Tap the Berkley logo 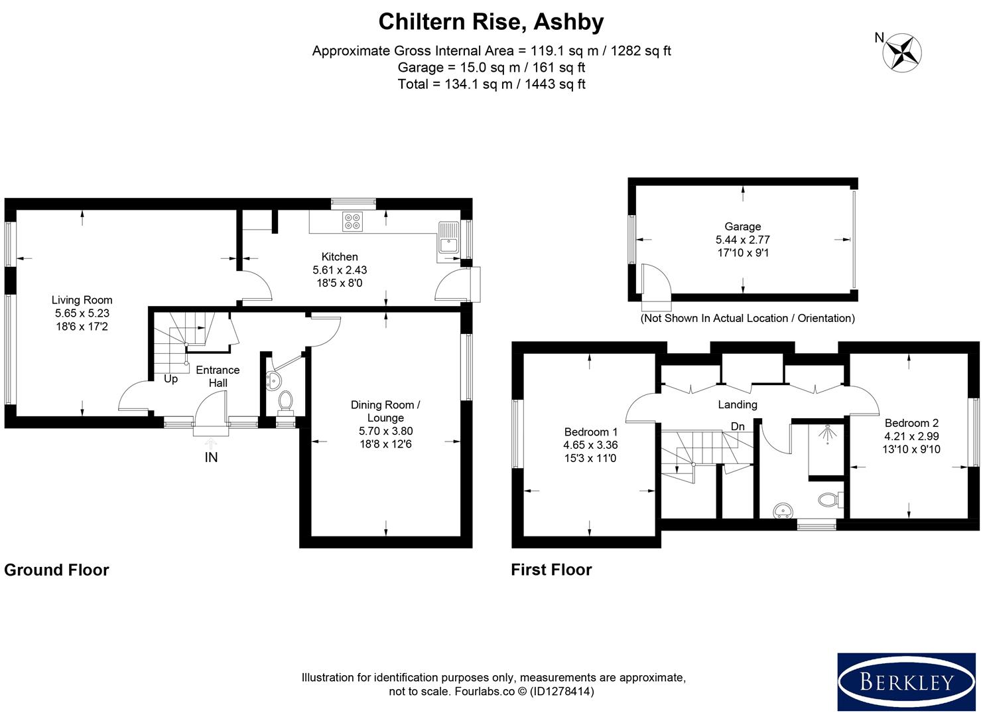(x=906, y=682)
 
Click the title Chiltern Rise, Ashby (x=491, y=22)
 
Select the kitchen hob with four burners (x=352, y=221)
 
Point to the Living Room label (x=82, y=300)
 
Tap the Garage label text (x=742, y=226)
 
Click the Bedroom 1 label (x=590, y=432)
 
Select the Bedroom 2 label (x=911, y=423)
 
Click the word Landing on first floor (x=737, y=404)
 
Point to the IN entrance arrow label (x=211, y=457)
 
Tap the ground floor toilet (x=286, y=402)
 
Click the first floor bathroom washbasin (x=783, y=511)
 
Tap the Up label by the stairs (x=170, y=379)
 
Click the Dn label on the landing (x=738, y=426)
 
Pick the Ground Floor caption (x=56, y=570)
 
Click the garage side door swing (x=655, y=280)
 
